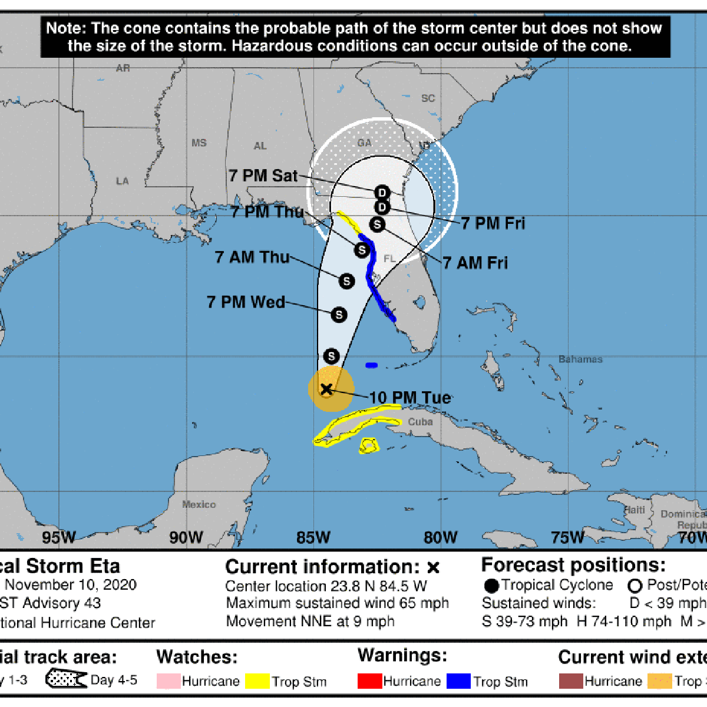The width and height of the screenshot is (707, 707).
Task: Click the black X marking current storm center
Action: click(326, 389)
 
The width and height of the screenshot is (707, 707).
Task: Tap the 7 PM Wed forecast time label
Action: click(246, 302)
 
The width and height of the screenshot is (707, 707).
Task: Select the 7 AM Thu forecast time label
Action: click(252, 257)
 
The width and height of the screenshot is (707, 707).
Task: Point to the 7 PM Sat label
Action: click(263, 176)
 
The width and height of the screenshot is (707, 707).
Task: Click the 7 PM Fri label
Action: click(493, 223)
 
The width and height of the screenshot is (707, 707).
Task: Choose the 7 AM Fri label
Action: click(475, 263)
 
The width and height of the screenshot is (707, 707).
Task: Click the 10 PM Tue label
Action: click(410, 398)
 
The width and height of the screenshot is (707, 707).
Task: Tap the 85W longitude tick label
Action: click(313, 537)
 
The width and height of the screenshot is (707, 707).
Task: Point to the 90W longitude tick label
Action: click(186, 537)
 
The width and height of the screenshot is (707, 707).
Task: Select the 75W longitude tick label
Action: click(567, 537)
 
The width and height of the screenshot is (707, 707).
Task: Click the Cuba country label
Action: click(420, 422)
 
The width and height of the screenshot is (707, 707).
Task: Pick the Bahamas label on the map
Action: click(580, 359)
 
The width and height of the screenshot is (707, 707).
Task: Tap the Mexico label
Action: click(199, 505)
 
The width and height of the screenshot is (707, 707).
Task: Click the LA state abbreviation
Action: click(123, 181)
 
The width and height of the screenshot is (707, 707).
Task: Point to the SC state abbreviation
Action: click(428, 98)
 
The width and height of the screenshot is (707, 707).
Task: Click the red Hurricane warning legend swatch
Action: click(369, 681)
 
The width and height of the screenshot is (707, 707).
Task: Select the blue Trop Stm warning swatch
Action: click(458, 681)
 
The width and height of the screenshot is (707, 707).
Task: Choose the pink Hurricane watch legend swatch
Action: click(169, 681)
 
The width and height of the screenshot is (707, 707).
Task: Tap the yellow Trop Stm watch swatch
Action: click(257, 681)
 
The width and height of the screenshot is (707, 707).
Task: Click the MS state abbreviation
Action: click(199, 143)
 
